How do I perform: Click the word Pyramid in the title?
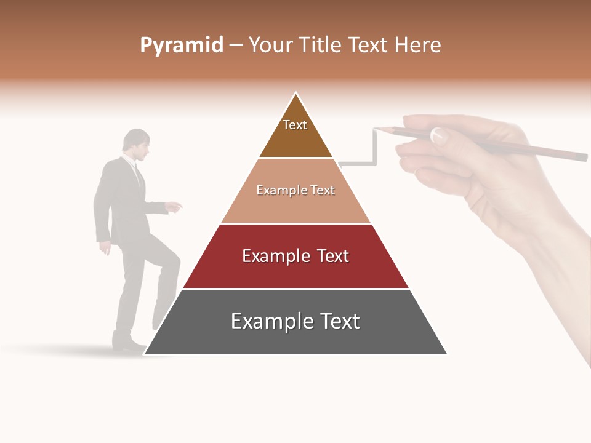182,46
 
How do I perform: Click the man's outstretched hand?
175,207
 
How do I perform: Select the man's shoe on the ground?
126,342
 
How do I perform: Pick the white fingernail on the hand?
438,134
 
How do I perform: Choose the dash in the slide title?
235,46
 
